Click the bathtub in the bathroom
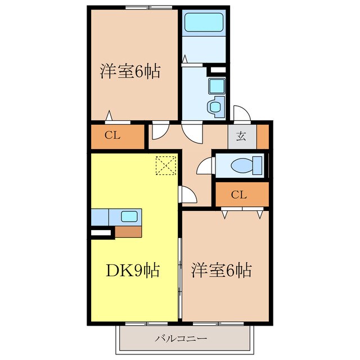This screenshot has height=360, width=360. point(204,22)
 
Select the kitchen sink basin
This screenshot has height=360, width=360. point(129,217)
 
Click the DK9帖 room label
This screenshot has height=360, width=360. point(133,270)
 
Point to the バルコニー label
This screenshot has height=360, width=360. point(181,338)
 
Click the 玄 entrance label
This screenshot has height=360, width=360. point(241,136)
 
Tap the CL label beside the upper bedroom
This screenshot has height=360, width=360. point(112,136)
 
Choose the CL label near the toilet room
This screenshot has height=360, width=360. point(239,195)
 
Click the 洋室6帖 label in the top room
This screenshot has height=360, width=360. point(130,71)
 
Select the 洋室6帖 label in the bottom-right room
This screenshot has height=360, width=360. point(222,270)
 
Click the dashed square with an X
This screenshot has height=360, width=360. point(166,165)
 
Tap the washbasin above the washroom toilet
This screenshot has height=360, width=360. point(217,86)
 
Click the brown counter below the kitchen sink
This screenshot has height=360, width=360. point(128,232)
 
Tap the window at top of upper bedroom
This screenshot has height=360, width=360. point(148,7)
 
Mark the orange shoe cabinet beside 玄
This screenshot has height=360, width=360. point(263,137)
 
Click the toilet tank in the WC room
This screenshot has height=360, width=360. point(258,165)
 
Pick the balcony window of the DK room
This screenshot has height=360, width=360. point(146,323)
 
